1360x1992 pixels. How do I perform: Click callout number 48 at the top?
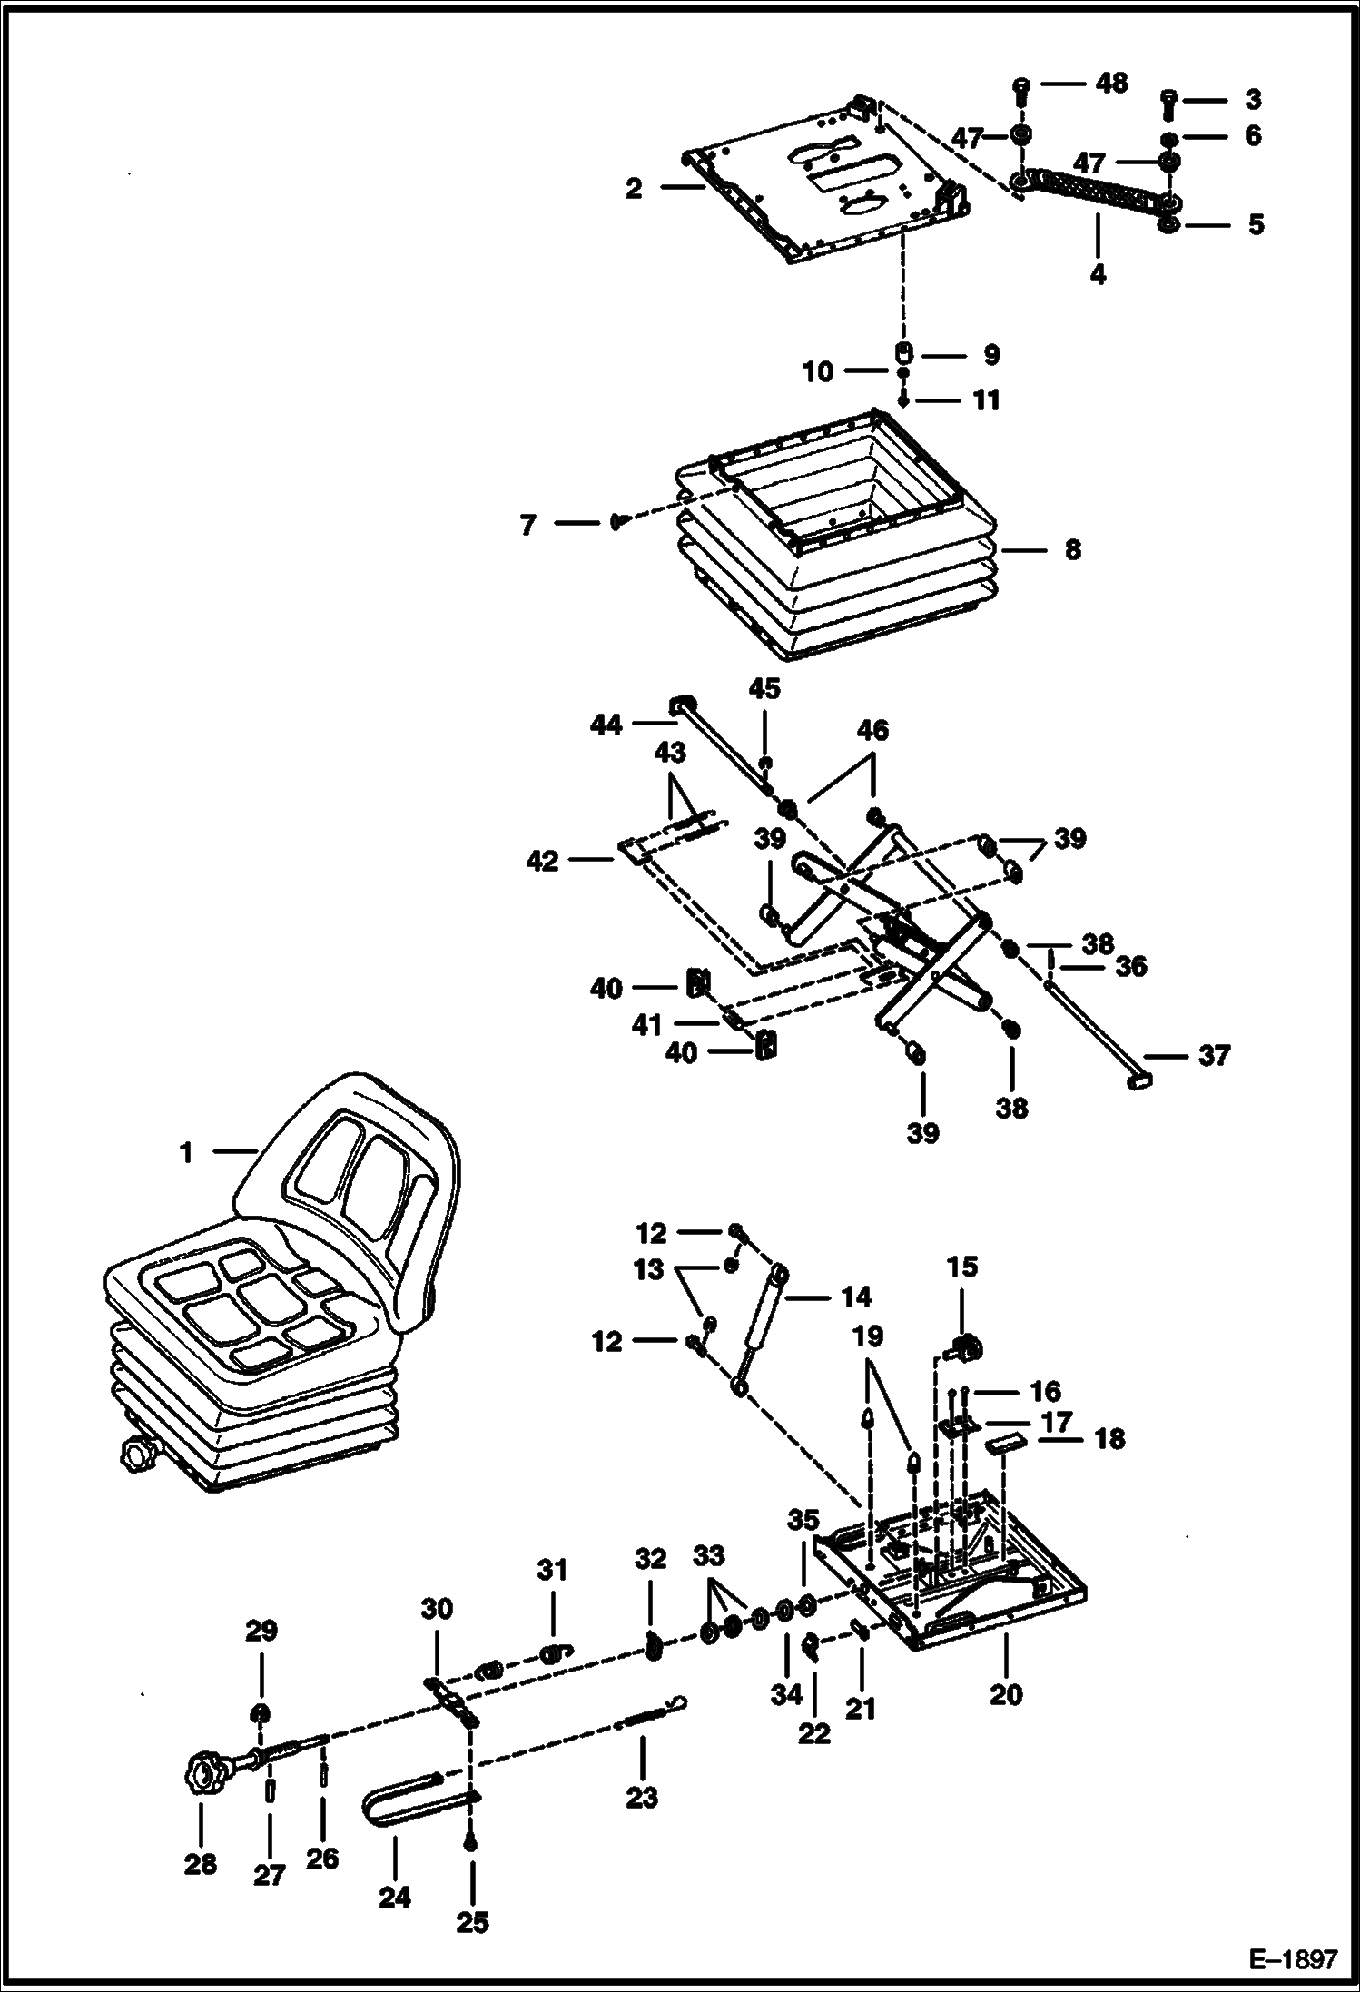(x=1111, y=83)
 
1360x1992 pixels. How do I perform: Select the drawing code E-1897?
(x=1293, y=1960)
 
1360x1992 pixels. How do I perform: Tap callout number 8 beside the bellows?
(x=1072, y=550)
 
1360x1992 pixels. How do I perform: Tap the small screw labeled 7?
(x=618, y=522)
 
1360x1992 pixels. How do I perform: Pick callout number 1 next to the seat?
(x=186, y=1153)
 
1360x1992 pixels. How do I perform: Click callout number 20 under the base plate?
(x=1006, y=1694)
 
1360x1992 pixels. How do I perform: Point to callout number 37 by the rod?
(x=1214, y=1055)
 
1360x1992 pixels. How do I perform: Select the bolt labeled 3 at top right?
(x=1169, y=104)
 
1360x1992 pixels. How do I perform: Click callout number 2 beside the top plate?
(x=634, y=188)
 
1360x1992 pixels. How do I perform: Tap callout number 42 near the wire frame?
(x=543, y=860)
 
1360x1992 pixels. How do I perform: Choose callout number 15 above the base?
(x=962, y=1267)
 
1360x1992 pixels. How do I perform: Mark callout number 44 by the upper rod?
(x=606, y=724)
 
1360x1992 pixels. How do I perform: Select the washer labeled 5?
(x=1168, y=224)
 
